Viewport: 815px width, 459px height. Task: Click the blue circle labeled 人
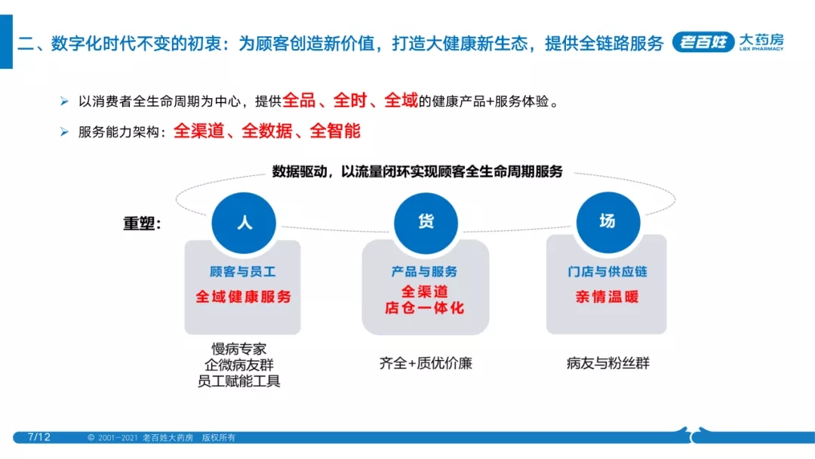(x=244, y=223)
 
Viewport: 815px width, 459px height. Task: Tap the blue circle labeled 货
(x=426, y=223)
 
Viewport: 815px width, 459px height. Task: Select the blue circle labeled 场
(x=607, y=222)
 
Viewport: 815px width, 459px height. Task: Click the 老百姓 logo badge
(x=703, y=42)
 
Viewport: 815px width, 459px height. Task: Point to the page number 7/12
(x=39, y=437)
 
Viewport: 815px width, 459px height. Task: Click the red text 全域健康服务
(x=243, y=297)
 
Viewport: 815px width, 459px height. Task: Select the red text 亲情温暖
(x=607, y=297)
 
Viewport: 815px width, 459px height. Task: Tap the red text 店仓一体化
(x=424, y=308)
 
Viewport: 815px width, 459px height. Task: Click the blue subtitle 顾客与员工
(x=242, y=271)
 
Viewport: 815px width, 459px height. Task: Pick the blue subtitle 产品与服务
(x=424, y=271)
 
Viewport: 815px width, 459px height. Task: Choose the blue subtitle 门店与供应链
(x=607, y=271)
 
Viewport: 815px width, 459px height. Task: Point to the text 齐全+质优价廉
(x=426, y=363)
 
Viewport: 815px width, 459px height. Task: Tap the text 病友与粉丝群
(x=607, y=363)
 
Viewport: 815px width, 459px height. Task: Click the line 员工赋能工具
(x=238, y=381)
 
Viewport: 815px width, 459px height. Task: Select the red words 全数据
(x=266, y=131)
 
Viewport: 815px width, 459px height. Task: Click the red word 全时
(x=350, y=100)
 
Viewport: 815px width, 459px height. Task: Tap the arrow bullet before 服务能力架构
(x=64, y=132)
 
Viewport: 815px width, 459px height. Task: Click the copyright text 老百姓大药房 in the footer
(x=168, y=438)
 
